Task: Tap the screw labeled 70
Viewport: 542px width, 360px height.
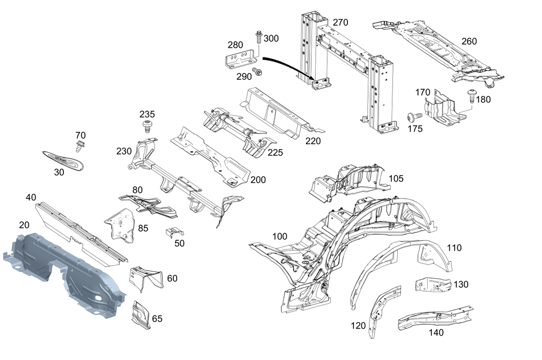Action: [80, 146]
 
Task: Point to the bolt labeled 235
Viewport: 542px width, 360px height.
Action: [146, 127]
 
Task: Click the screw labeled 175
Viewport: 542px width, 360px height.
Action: [415, 117]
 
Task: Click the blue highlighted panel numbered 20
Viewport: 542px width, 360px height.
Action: [65, 271]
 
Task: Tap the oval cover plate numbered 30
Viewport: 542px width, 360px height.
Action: [63, 160]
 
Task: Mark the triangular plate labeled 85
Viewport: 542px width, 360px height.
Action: [121, 224]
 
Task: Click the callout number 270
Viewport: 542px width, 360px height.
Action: [340, 23]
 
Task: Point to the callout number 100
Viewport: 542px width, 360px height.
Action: [280, 236]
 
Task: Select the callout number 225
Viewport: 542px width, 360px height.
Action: [275, 153]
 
